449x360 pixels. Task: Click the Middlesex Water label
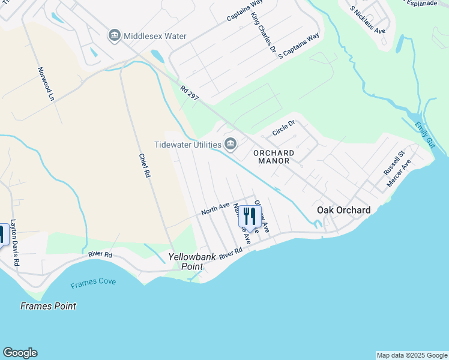coord(155,36)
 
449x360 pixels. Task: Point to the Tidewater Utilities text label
coord(188,144)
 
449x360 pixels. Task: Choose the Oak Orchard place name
coord(343,210)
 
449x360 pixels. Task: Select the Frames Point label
coord(48,306)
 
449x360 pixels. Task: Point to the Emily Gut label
coord(426,137)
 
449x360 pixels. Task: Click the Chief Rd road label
coord(145,166)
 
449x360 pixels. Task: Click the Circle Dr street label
coord(284,128)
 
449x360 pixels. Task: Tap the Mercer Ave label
coord(399,173)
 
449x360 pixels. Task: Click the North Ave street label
coord(215,208)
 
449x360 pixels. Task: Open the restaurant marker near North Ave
coord(250,216)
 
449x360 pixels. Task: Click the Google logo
coord(20,353)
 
